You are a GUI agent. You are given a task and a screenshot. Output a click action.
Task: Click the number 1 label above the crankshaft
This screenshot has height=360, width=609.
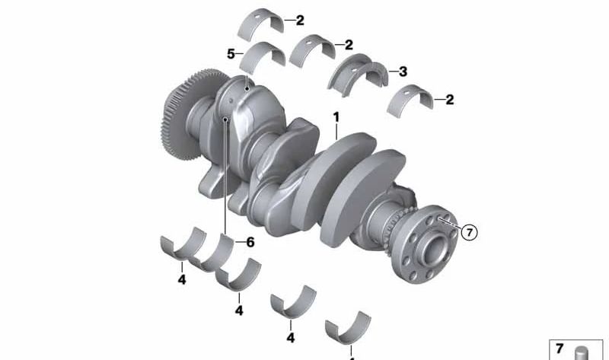336,117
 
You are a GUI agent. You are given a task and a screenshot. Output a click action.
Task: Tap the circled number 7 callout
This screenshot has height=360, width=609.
469,232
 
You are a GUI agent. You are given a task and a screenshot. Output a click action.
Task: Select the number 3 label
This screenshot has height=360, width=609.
403,72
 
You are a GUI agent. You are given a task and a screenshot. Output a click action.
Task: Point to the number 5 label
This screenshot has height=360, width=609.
231,54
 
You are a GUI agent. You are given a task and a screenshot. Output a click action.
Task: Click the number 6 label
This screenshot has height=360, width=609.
250,242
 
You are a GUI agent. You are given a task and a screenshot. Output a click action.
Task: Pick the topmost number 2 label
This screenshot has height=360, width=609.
300,21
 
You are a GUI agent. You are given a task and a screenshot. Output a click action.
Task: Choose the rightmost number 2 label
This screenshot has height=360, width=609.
450,100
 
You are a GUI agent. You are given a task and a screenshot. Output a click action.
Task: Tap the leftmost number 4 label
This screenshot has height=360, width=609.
182,279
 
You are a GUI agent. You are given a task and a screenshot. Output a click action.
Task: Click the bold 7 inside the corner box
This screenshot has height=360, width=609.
560,349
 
